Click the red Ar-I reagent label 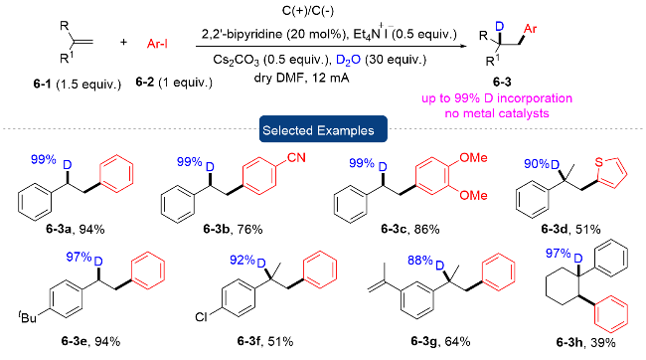tap(157, 44)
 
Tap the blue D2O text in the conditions tap(348, 61)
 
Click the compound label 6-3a tap(58, 229)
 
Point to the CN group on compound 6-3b tap(296, 157)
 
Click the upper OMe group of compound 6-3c tap(473, 157)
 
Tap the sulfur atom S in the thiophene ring tap(598, 162)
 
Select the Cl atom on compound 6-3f tap(201, 316)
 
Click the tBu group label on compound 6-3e tap(28, 317)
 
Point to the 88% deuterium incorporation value tap(419, 261)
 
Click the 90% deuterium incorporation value tap(537, 164)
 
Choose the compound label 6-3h tap(568, 342)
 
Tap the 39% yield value tap(602, 342)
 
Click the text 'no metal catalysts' tap(497, 113)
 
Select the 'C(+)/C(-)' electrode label tap(308, 11)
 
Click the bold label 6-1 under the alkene tap(43, 85)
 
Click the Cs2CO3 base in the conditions tap(237, 61)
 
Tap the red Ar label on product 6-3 tap(530, 29)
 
